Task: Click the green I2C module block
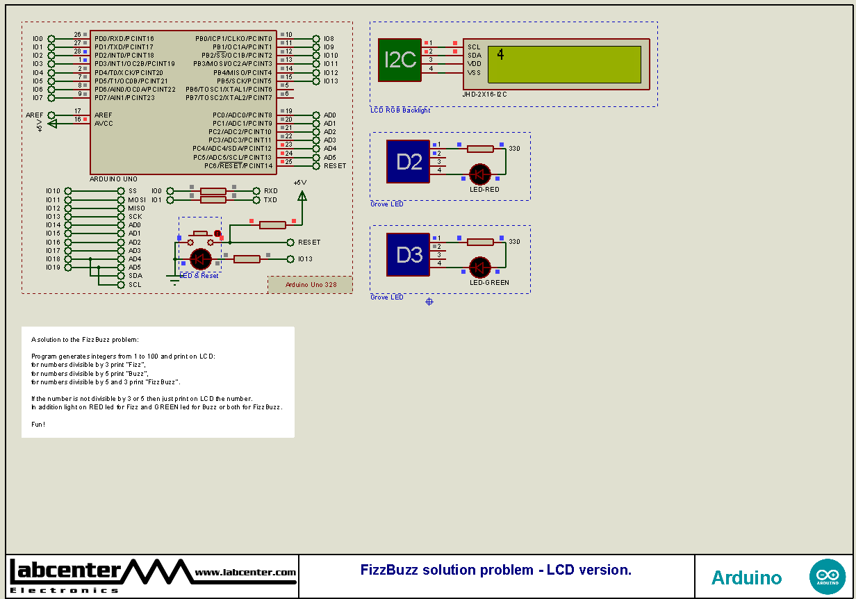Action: (400, 59)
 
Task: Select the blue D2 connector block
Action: (409, 161)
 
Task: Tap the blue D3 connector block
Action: (409, 255)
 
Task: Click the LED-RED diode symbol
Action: (479, 174)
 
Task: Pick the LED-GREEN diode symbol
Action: (479, 268)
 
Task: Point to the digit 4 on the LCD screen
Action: (501, 55)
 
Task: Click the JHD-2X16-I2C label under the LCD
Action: (484, 94)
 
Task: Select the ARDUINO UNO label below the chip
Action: (113, 179)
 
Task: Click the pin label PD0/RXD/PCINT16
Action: (124, 38)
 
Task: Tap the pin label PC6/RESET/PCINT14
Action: (238, 166)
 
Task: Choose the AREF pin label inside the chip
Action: (104, 115)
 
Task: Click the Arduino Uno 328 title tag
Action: (310, 284)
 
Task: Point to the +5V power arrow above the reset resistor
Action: (302, 196)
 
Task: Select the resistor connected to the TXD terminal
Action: (213, 200)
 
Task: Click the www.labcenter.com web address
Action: (245, 573)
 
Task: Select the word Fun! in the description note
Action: (38, 424)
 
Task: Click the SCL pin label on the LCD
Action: (474, 47)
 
